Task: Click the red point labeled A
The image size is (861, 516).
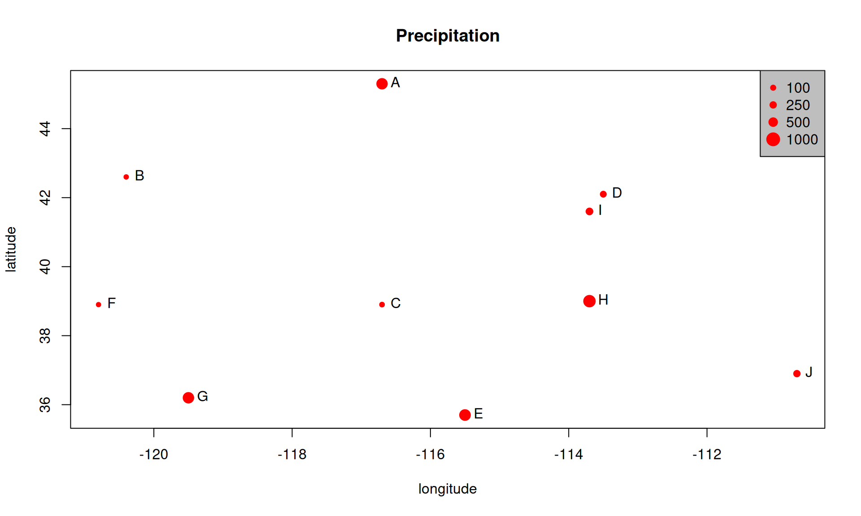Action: click(382, 84)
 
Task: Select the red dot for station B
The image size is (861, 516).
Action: click(126, 177)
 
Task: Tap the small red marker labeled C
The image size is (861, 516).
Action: click(382, 305)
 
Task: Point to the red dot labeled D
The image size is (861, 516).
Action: click(603, 194)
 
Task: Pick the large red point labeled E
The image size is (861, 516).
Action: click(465, 415)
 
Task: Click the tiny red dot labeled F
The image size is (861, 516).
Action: click(99, 305)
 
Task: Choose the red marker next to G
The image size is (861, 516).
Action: click(188, 397)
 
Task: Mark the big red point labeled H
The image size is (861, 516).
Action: click(589, 301)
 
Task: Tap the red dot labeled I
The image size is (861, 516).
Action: click(589, 211)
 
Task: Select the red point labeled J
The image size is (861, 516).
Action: click(796, 374)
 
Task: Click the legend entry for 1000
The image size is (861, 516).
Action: click(801, 140)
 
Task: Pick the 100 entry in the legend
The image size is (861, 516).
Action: click(798, 88)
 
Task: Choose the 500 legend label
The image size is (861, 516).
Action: click(798, 122)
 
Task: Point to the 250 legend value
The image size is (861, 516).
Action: click(798, 105)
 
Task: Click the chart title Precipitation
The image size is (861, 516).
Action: click(448, 36)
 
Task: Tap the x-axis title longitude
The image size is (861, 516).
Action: click(447, 489)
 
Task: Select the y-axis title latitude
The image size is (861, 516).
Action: click(11, 249)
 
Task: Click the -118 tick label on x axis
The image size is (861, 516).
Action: click(292, 455)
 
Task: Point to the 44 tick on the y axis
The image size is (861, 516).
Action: click(45, 129)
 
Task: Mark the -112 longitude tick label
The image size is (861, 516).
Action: click(707, 455)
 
